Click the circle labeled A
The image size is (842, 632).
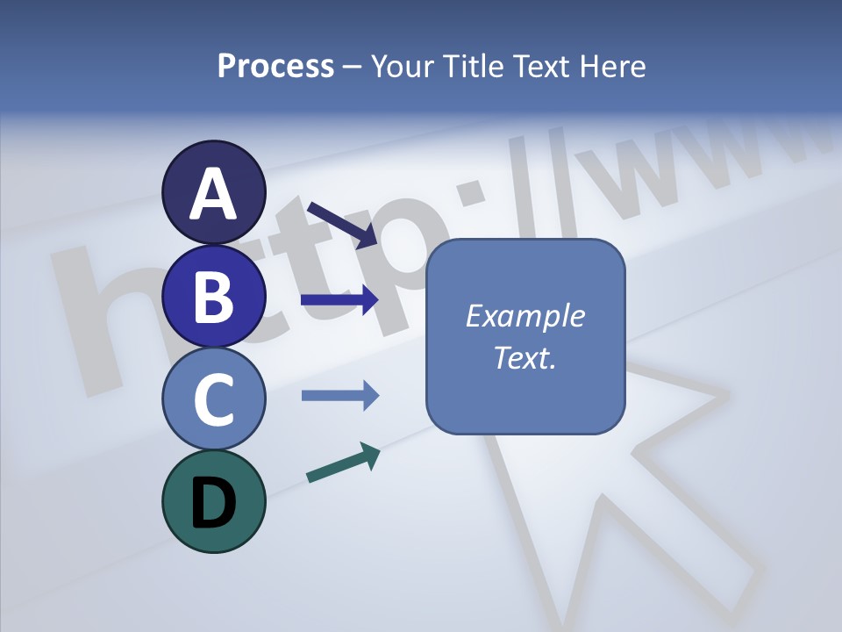coord(213,192)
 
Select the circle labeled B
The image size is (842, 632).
coord(213,296)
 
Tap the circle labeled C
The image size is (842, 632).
coord(213,399)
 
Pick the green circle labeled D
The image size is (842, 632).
coord(213,501)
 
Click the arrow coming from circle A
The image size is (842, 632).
coord(342,224)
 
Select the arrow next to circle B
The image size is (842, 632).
coord(339,300)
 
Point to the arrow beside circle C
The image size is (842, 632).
coord(339,395)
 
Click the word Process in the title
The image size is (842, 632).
coord(275,66)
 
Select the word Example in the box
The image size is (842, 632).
coord(524,316)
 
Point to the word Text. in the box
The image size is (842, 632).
coord(524,357)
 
